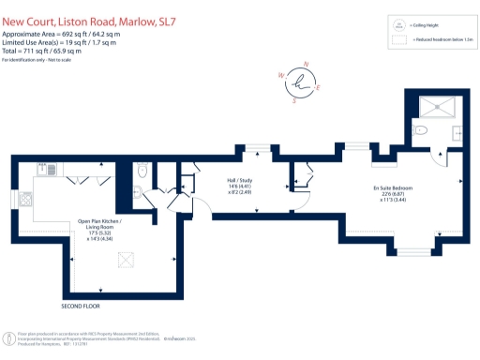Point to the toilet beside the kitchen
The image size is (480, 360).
pyautogui.click(x=142, y=171)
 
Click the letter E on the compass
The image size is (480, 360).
pyautogui.click(x=319, y=88)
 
